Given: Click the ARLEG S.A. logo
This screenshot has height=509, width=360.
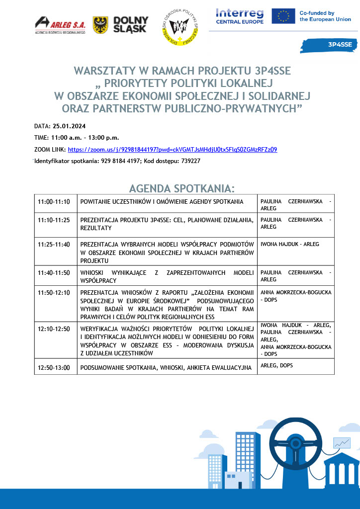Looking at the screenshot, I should pyautogui.click(x=60, y=25).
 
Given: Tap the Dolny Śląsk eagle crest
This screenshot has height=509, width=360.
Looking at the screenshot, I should pyautogui.click(x=101, y=25).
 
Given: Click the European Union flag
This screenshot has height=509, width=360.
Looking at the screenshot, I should pyautogui.click(x=283, y=16).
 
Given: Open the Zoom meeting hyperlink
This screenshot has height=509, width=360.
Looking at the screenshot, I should pyautogui.click(x=172, y=149).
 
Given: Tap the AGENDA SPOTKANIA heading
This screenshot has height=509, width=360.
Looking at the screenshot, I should pyautogui.click(x=181, y=188).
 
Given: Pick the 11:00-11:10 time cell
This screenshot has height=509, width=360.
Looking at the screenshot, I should pyautogui.click(x=54, y=202).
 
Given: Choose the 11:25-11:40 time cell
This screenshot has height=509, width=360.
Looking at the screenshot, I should pyautogui.click(x=54, y=244).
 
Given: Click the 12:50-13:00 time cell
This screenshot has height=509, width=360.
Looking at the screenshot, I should pyautogui.click(x=54, y=368).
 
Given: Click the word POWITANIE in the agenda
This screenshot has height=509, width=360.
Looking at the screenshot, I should pyautogui.click(x=97, y=202).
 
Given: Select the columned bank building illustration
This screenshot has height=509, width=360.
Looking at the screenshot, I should pyautogui.click(x=341, y=470).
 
